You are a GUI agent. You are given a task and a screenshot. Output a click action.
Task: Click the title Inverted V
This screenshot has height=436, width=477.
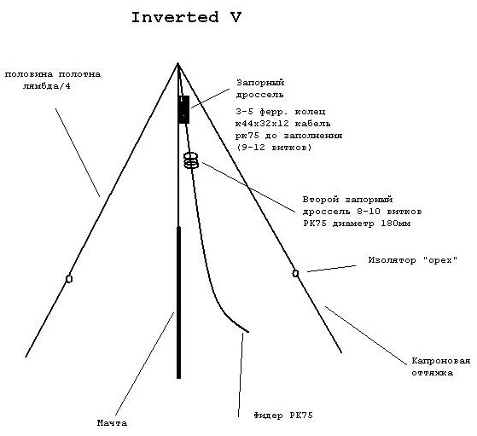click(x=186, y=17)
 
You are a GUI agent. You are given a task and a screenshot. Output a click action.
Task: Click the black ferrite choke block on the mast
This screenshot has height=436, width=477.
click(x=183, y=109)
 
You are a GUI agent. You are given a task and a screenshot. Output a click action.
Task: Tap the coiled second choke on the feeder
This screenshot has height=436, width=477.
click(x=191, y=160)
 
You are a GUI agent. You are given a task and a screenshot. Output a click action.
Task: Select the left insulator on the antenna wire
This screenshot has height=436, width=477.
click(x=69, y=279)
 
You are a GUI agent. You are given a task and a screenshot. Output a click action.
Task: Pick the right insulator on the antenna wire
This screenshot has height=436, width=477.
click(x=295, y=273)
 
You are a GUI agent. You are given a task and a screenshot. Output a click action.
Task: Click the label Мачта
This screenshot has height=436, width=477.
click(x=113, y=423)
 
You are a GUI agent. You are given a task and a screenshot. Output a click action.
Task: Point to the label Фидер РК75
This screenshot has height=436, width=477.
click(x=283, y=416)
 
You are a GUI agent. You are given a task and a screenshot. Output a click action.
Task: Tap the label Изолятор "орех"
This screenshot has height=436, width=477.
click(x=413, y=260)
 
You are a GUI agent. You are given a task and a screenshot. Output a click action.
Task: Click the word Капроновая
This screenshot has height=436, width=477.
click(x=441, y=361)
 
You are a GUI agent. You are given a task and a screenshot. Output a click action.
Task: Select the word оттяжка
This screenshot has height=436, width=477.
click(x=433, y=373)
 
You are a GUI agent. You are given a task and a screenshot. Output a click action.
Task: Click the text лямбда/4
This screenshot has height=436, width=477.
click(x=47, y=86)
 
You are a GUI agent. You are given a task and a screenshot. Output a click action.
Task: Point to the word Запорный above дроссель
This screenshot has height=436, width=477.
click(x=260, y=83)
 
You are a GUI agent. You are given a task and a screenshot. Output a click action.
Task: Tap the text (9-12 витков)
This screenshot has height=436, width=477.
click(x=274, y=148)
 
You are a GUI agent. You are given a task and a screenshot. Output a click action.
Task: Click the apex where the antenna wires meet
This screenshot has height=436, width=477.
click(x=178, y=63)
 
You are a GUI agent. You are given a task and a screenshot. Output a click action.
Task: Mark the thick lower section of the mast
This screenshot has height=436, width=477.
click(x=179, y=302)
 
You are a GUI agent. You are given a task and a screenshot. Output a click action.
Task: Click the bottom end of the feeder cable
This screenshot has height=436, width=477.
click(x=248, y=332)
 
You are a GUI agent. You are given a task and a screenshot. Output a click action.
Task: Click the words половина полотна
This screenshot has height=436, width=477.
click(x=53, y=74)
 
